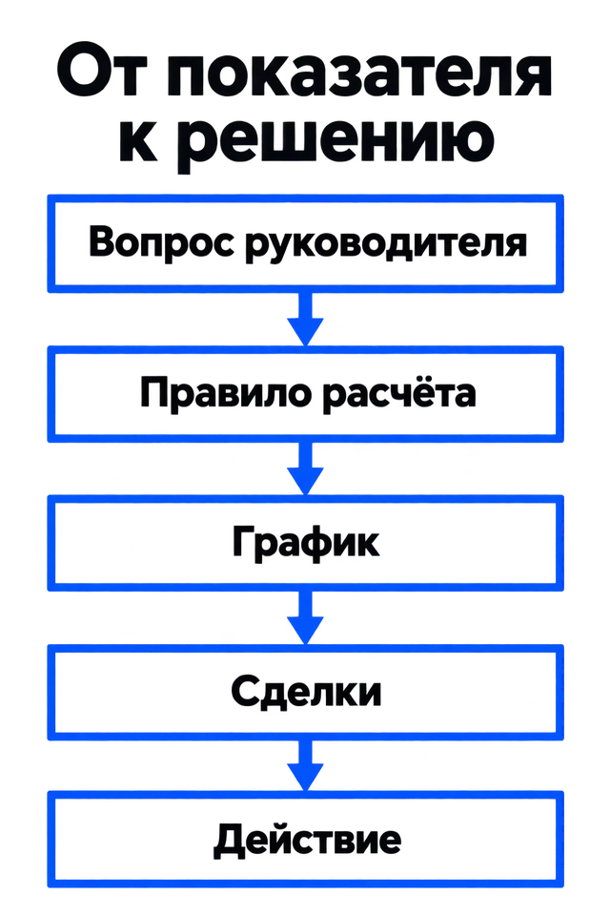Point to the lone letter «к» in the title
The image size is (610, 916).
[138, 141]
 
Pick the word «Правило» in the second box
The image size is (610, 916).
[225, 392]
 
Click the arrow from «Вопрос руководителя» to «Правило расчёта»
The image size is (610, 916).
[305, 319]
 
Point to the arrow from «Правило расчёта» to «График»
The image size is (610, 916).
[305, 468]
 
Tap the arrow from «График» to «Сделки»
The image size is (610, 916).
[305, 617]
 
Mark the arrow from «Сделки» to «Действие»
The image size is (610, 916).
[305, 765]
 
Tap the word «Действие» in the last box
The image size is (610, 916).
[307, 841]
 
